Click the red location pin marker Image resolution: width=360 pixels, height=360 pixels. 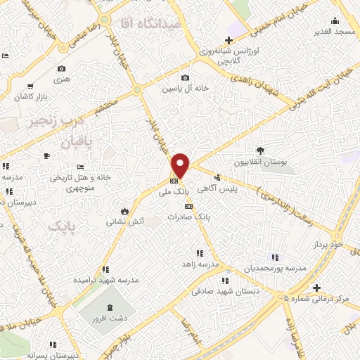click(x=181, y=165)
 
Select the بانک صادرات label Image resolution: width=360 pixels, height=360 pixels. click(x=188, y=217)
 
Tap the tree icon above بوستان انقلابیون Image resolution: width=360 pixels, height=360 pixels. click(x=260, y=150)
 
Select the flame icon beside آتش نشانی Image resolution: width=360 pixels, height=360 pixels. click(x=125, y=210)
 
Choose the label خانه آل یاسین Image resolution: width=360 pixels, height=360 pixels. click(x=184, y=89)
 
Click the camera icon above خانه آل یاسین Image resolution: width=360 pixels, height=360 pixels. click(x=185, y=77)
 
